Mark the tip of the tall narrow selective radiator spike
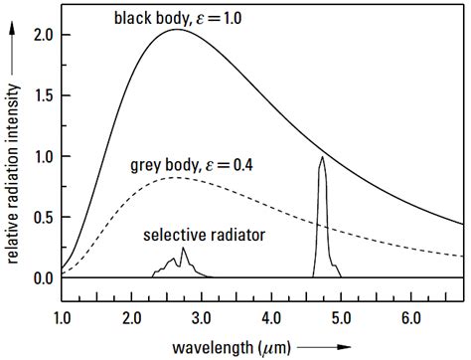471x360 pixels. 321,157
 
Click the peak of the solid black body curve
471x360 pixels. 177,30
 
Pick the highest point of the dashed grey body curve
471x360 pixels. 176,177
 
